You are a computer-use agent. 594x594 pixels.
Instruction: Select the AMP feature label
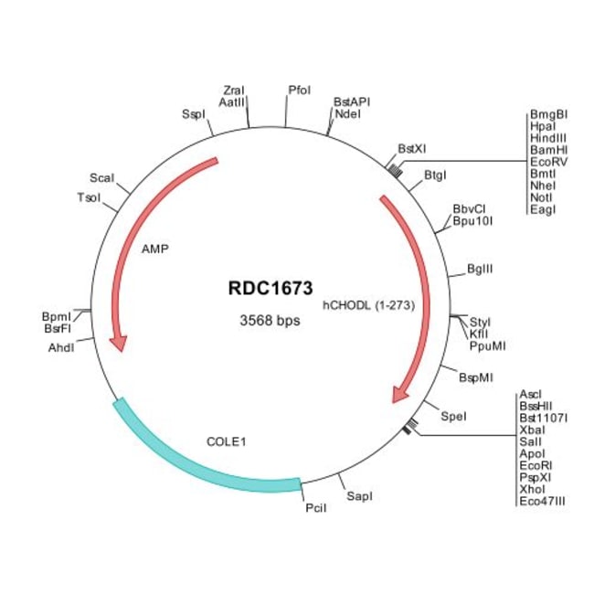[x=155, y=248]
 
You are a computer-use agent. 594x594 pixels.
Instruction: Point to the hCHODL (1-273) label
[x=369, y=306]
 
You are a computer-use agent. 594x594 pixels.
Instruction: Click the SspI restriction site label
[x=193, y=114]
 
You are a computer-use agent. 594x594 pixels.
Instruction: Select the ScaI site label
[x=101, y=177]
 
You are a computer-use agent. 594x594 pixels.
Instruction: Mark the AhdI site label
[x=61, y=348]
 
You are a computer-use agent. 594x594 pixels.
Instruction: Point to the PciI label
[x=313, y=508]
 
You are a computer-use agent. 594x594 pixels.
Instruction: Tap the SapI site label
[x=359, y=495]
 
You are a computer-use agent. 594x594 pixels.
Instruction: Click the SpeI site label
[x=453, y=416]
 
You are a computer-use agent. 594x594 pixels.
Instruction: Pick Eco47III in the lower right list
[x=543, y=501]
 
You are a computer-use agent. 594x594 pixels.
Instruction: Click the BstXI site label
[x=411, y=147]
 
